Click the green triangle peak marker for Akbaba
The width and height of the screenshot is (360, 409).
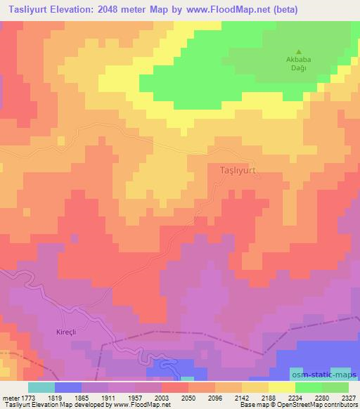(299, 51)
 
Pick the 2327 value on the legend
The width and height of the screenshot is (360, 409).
(348, 398)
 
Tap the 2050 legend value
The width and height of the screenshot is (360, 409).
(188, 398)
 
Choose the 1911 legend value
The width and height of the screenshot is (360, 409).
(108, 398)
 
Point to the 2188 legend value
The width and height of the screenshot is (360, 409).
(269, 398)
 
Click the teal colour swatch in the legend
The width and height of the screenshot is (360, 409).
(41, 387)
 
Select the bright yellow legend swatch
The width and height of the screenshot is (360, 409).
(282, 387)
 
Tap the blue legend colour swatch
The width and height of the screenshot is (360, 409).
(68, 387)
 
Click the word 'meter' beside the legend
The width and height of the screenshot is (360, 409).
(10, 398)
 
